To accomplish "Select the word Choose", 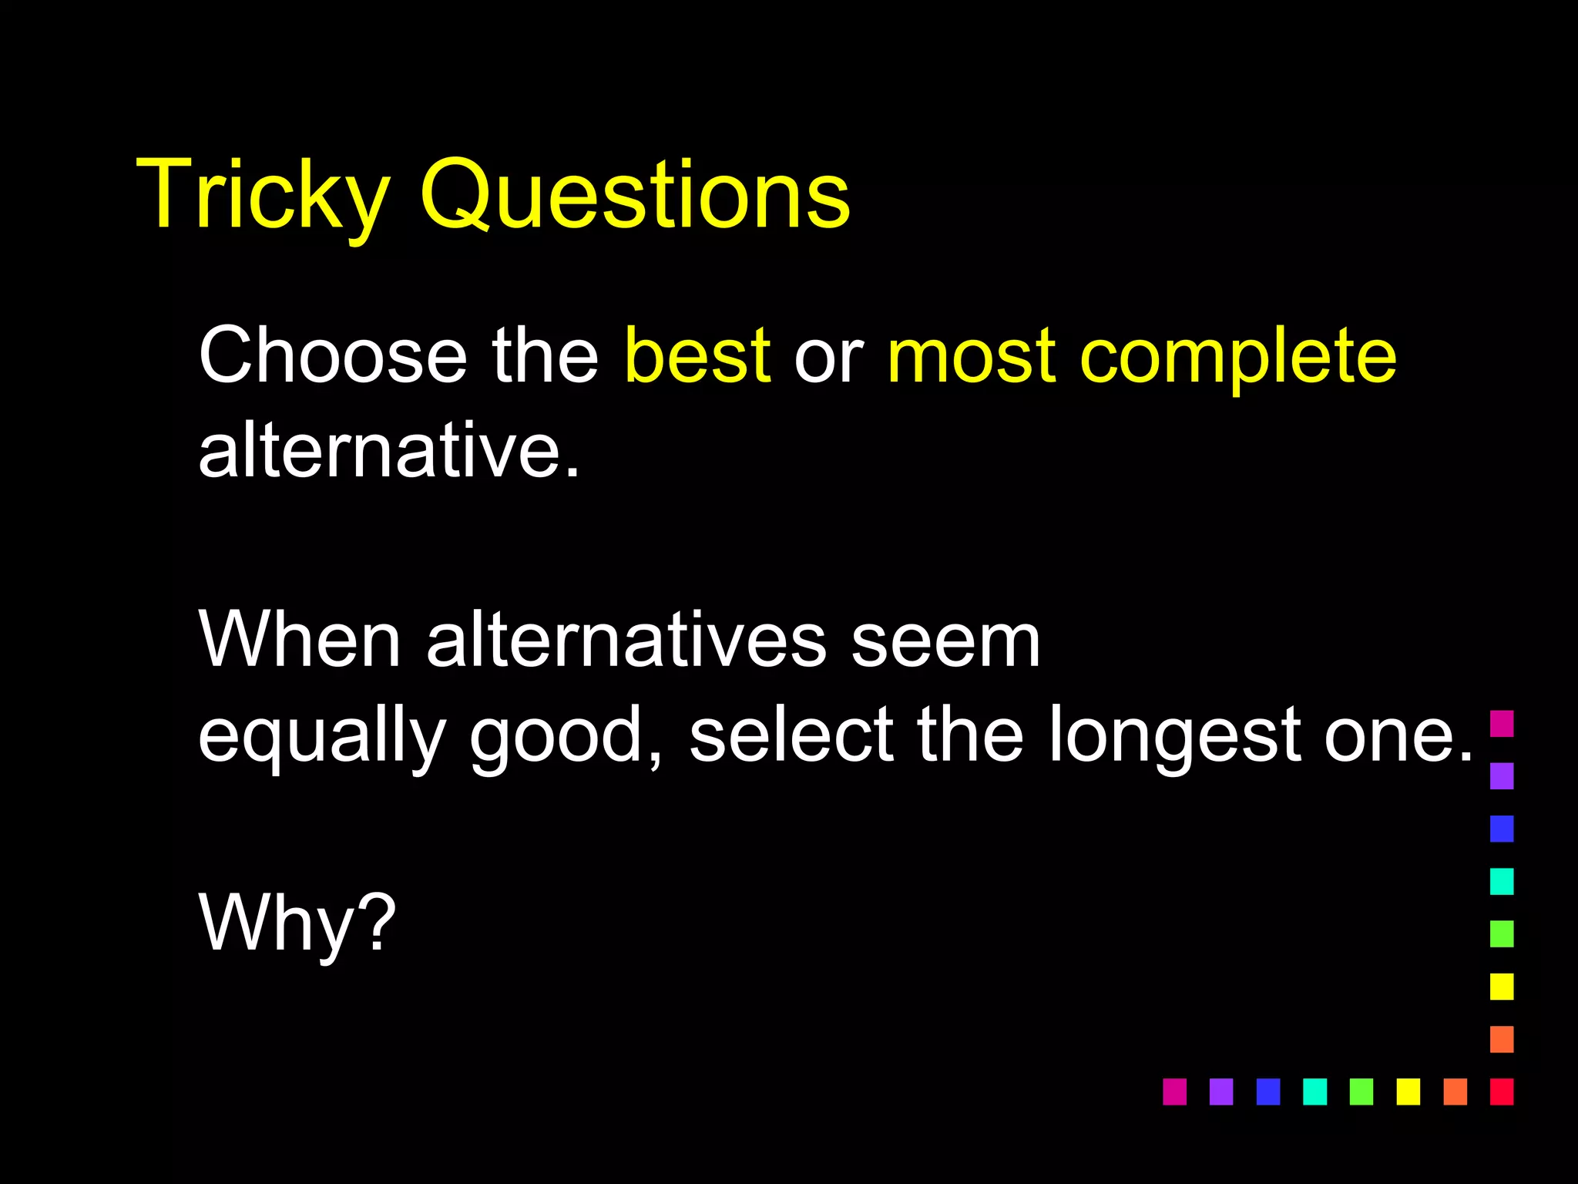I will click(x=332, y=355).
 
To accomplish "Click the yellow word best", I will click(x=697, y=355).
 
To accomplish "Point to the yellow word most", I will click(x=971, y=355).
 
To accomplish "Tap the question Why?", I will click(x=297, y=924).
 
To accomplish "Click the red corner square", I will click(x=1501, y=1091).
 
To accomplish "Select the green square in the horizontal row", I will click(x=1361, y=1091).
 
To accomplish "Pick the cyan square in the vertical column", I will click(x=1501, y=881).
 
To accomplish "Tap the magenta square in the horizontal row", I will click(x=1174, y=1091).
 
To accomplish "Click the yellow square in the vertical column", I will click(x=1501, y=986).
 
